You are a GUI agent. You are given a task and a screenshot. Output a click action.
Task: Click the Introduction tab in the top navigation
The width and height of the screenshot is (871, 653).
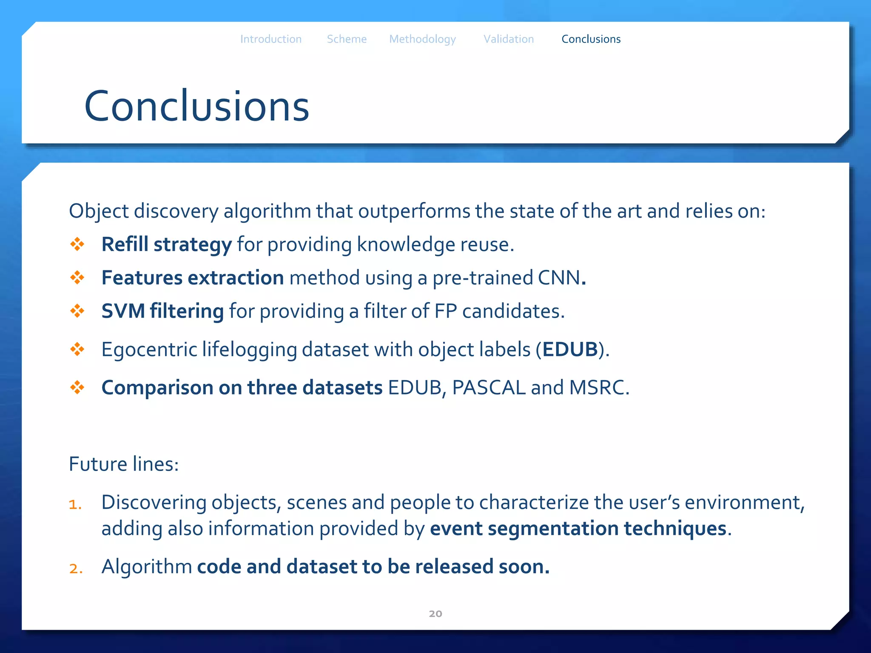click(x=271, y=39)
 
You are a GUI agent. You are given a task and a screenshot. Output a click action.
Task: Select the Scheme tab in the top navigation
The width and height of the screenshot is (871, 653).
click(x=347, y=39)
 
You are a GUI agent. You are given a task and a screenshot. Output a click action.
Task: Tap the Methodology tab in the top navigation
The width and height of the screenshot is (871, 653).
click(x=422, y=39)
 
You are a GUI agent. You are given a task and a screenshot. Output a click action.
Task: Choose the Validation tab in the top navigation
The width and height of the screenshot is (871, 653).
click(x=509, y=39)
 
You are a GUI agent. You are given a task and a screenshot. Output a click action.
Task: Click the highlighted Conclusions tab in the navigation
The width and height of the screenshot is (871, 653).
click(x=591, y=39)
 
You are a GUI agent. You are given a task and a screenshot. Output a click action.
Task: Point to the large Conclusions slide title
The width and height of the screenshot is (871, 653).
click(x=196, y=106)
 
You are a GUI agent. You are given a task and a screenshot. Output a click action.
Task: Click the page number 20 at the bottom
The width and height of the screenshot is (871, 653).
click(x=435, y=613)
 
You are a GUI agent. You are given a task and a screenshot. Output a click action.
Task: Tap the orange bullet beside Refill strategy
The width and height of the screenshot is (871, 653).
click(x=77, y=244)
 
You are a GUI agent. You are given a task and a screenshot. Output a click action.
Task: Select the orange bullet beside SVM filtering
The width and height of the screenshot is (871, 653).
click(x=77, y=311)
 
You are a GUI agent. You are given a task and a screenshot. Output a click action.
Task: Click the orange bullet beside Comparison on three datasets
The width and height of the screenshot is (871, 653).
click(x=77, y=387)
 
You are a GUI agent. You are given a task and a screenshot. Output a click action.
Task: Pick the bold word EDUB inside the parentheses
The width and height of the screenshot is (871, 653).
click(x=570, y=349)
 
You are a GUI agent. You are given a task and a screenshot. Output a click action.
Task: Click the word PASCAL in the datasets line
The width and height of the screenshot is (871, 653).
click(x=489, y=388)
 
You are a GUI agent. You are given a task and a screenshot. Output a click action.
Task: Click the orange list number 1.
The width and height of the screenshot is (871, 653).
click(x=75, y=504)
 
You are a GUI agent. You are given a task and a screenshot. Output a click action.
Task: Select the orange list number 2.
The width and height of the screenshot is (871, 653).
click(x=75, y=568)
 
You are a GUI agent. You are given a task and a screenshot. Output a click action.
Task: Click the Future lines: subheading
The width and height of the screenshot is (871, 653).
click(x=124, y=464)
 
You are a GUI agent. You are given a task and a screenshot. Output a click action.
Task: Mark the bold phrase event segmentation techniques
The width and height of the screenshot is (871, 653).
click(x=578, y=528)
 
